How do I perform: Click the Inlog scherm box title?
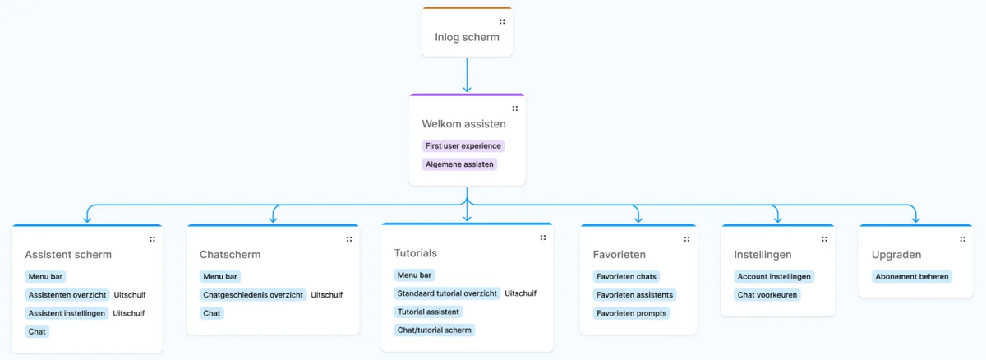467,37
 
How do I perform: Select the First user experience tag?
463,145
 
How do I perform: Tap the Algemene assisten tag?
459,164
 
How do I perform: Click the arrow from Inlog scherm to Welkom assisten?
467,75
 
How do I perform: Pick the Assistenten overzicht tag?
67,294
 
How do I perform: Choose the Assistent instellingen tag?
67,313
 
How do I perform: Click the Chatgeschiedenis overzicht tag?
253,294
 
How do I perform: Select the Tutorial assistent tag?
428,312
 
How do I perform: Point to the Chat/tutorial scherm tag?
435,330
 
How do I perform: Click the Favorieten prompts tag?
632,313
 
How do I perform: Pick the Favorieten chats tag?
627,276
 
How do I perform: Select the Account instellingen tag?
774,276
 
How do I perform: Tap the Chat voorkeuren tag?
767,294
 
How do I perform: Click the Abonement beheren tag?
912,276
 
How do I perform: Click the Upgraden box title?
896,255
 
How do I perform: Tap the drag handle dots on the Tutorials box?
542,238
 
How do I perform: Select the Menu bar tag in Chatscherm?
219,276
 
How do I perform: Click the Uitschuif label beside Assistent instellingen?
128,313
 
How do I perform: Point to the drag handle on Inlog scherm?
502,22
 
